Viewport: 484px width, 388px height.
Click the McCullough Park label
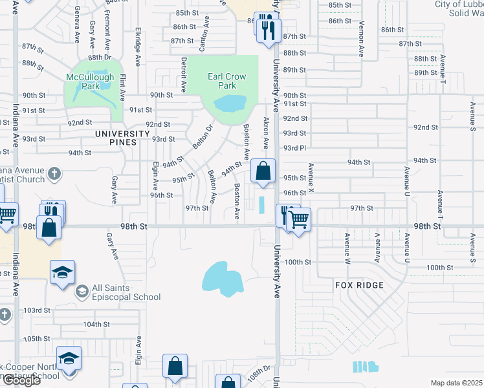click(90, 81)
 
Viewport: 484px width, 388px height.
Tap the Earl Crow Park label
click(226, 81)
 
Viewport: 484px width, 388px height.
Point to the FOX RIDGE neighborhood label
click(359, 285)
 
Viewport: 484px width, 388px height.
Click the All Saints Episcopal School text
click(126, 292)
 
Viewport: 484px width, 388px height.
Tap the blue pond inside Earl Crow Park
click(230, 103)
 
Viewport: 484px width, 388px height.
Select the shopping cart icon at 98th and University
click(298, 219)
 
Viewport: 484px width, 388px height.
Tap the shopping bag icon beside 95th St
click(263, 172)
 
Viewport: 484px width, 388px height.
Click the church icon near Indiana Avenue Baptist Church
click(54, 173)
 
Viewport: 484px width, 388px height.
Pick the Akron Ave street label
click(265, 133)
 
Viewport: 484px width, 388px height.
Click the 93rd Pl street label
click(294, 147)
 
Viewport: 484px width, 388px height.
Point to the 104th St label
click(96, 324)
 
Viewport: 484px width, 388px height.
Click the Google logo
click(21, 380)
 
